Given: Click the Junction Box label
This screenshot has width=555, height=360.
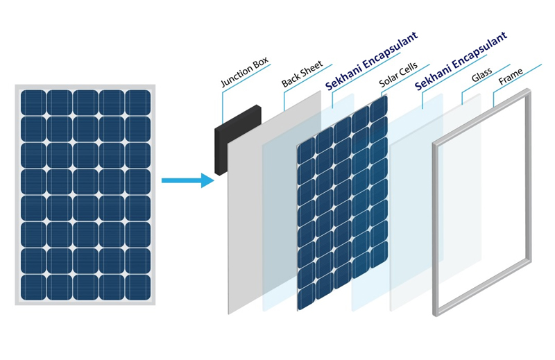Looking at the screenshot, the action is click(x=245, y=72).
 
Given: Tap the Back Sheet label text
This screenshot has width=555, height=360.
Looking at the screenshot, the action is click(x=302, y=74).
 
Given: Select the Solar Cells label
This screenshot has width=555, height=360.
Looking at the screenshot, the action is click(x=398, y=75).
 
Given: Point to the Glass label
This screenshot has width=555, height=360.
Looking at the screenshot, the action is click(x=481, y=75).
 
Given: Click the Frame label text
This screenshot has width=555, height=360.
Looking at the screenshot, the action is click(x=511, y=76).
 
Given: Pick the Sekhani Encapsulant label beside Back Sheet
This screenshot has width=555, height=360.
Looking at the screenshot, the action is click(x=371, y=61).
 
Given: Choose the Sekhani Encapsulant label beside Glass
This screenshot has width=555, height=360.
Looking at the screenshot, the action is click(x=461, y=61).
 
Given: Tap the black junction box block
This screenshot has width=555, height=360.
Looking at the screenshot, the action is click(x=237, y=140).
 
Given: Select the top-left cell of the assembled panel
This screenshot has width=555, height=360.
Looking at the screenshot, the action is click(x=33, y=103).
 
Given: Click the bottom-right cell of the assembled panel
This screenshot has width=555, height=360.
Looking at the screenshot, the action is click(x=137, y=287).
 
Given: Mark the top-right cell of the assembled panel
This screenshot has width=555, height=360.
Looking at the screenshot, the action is click(x=137, y=103).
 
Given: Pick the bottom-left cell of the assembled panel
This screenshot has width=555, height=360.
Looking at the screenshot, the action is click(x=33, y=287).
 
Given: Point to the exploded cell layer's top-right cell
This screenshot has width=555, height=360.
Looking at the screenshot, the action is click(x=378, y=109).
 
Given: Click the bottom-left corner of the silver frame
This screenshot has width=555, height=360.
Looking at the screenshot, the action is click(x=435, y=314).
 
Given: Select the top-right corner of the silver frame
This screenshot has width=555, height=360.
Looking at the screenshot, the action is click(x=529, y=91).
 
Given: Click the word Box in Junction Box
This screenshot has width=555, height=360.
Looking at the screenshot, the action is click(x=261, y=64).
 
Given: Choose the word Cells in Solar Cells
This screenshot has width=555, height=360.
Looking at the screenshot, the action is click(x=408, y=69).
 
